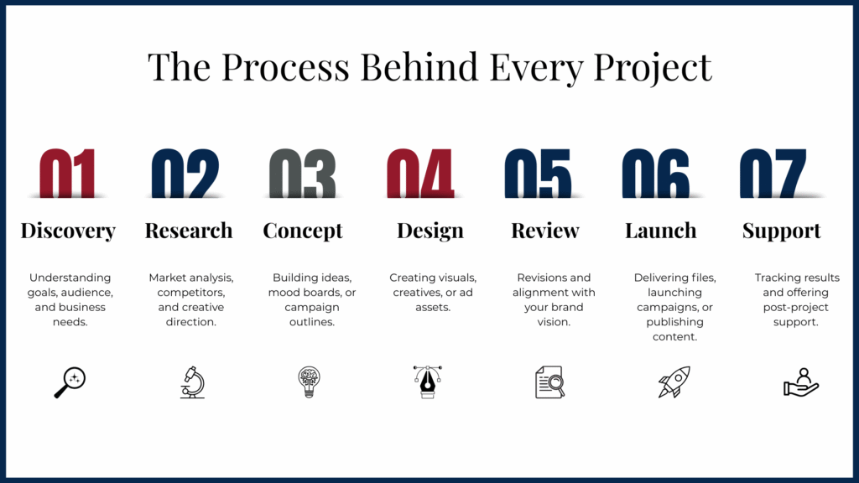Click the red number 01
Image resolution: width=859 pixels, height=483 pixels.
(x=67, y=173)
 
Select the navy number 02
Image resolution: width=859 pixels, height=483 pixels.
(x=185, y=173)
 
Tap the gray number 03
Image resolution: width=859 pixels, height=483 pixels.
(x=302, y=173)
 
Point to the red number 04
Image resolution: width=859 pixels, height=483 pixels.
(x=420, y=173)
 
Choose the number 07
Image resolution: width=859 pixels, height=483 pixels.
(x=773, y=173)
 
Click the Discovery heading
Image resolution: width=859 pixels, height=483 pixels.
(x=68, y=231)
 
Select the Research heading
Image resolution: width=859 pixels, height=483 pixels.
(x=189, y=231)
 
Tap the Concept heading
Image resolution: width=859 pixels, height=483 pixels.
(x=302, y=231)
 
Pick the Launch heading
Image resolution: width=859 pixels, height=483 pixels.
(x=661, y=231)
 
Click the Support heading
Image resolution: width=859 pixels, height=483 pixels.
(x=781, y=231)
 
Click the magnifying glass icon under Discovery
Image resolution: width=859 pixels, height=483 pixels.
(x=70, y=382)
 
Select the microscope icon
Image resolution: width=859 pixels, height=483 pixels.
(x=192, y=382)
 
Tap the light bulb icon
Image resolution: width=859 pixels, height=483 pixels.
(x=309, y=382)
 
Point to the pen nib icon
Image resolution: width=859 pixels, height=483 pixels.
(x=427, y=382)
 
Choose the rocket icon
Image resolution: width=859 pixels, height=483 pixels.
(x=674, y=382)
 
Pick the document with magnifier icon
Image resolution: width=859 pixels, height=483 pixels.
(x=550, y=382)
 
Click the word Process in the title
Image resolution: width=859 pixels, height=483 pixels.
(x=285, y=67)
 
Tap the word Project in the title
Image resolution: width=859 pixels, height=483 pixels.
(x=653, y=68)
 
